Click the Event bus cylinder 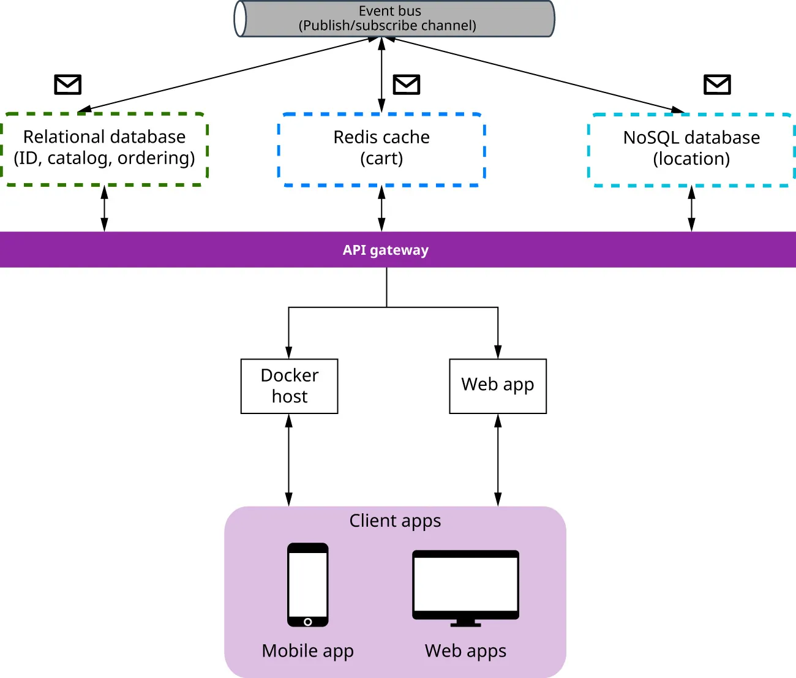(394, 18)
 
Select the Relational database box (104, 148)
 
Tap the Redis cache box (381, 149)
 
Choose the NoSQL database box (691, 149)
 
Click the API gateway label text (385, 250)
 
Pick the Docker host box (289, 386)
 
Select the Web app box (497, 386)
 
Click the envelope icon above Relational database (68, 85)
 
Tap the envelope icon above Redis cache (407, 85)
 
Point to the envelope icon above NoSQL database (717, 85)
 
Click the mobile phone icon (307, 584)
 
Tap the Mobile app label (307, 650)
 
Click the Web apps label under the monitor (465, 650)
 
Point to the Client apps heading (395, 521)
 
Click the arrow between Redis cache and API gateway (381, 209)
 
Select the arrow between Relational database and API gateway (104, 209)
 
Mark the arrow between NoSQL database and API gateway (691, 209)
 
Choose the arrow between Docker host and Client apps (289, 460)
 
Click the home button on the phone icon (307, 622)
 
